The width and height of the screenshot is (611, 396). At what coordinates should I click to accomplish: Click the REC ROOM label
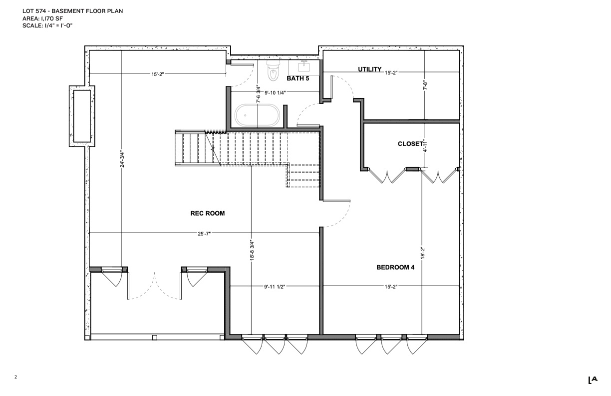click(208, 213)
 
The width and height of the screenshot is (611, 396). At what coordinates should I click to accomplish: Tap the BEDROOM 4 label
click(395, 267)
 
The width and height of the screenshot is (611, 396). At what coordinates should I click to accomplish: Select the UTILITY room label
click(369, 69)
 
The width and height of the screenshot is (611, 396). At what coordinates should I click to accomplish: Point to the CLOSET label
click(410, 144)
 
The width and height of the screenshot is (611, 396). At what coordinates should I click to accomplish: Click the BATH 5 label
click(298, 78)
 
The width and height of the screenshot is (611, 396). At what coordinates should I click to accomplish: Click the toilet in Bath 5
click(274, 70)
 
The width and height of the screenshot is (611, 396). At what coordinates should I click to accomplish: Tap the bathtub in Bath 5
click(257, 115)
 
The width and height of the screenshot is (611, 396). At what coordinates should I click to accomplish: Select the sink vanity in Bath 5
click(304, 67)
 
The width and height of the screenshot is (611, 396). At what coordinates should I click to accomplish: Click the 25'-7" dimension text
click(204, 233)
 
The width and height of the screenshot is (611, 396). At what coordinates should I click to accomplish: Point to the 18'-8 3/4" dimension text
click(252, 250)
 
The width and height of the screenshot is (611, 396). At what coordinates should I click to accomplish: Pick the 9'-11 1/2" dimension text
click(275, 286)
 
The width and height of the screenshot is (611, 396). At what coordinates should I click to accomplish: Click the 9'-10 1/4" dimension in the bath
click(275, 92)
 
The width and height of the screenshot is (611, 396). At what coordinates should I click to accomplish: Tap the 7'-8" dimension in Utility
click(425, 85)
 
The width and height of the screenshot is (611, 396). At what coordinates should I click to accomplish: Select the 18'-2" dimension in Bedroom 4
click(423, 253)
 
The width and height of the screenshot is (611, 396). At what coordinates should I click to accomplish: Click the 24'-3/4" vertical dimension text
click(122, 159)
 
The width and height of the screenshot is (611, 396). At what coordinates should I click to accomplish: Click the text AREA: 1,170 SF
click(42, 18)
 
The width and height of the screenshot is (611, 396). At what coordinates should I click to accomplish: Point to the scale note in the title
click(47, 25)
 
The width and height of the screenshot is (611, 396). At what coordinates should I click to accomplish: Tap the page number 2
click(15, 377)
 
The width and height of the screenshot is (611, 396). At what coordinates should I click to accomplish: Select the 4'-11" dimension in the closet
click(425, 145)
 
